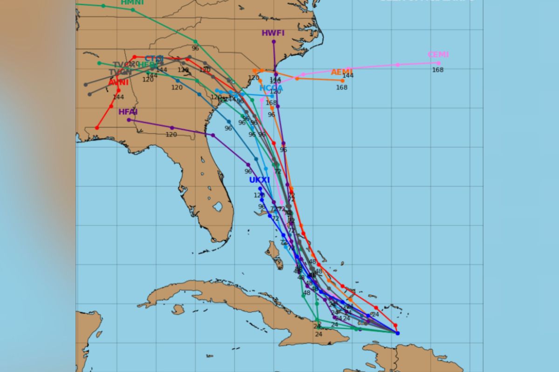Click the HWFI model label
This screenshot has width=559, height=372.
coord(273,33)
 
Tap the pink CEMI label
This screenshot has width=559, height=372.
coord(438,54)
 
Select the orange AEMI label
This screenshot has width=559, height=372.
coord(341,72)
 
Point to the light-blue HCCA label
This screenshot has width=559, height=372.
coord(271,88)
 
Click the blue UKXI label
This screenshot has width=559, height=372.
coord(259,180)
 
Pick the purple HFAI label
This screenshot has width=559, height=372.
coord(128,112)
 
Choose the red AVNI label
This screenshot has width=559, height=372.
coord(118,83)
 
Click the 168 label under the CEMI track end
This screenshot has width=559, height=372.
coord(437,70)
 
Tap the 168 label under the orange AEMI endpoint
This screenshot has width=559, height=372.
coord(341,87)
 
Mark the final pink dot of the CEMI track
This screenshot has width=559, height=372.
coord(438,63)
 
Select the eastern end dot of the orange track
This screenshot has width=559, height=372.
coord(342,81)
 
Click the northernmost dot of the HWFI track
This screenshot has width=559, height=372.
coord(273,42)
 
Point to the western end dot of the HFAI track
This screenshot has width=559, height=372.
coord(129,120)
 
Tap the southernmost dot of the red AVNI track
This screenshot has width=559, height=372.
coord(97,127)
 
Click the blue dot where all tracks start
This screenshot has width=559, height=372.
coord(397,333)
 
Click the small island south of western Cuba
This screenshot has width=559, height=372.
coord(178,309)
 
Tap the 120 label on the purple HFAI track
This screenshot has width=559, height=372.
coord(171,135)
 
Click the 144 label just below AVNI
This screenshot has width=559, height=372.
coord(118,97)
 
